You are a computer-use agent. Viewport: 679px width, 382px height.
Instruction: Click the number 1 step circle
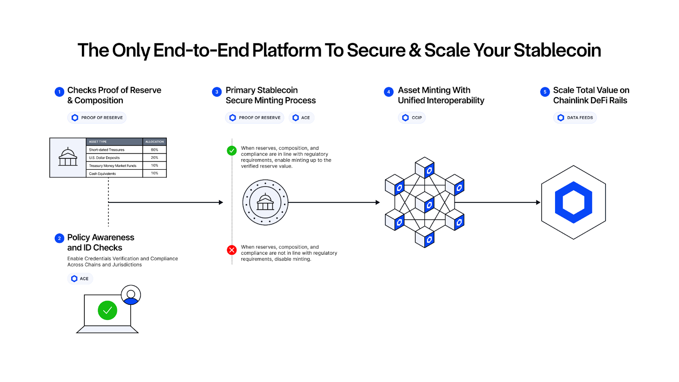click(x=59, y=92)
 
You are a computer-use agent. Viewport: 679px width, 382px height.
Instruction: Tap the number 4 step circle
click(x=388, y=92)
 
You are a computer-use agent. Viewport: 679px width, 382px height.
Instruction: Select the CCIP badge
click(x=412, y=118)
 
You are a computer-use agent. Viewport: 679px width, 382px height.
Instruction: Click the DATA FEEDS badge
click(x=575, y=118)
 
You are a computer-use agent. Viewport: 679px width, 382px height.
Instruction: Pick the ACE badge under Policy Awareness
click(x=80, y=278)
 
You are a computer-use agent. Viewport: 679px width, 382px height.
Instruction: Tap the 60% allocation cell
click(x=154, y=150)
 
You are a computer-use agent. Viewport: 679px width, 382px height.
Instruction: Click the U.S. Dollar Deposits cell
click(x=104, y=157)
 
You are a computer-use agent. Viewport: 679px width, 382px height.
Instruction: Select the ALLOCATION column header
click(x=154, y=142)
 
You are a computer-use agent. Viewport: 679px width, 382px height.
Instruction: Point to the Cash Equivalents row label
click(x=102, y=174)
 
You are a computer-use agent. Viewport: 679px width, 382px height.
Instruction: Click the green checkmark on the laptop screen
click(x=107, y=310)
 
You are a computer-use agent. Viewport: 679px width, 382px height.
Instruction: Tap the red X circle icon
click(x=232, y=250)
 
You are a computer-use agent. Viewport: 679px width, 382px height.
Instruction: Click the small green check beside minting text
click(x=232, y=151)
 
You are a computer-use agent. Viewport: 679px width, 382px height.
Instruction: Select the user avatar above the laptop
click(x=131, y=295)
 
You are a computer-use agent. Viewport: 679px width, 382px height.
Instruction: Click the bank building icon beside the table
click(x=68, y=157)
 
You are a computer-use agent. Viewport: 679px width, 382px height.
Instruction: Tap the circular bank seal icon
click(x=265, y=202)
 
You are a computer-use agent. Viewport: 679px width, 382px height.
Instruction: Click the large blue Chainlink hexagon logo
click(x=573, y=202)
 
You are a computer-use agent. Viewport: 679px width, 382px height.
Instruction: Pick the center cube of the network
click(x=424, y=203)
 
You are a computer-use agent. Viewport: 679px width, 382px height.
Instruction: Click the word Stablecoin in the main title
click(x=557, y=50)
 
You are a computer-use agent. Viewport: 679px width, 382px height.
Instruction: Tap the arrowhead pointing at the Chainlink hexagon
click(x=538, y=202)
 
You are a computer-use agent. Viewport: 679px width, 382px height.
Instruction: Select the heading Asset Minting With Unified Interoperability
click(x=441, y=95)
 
